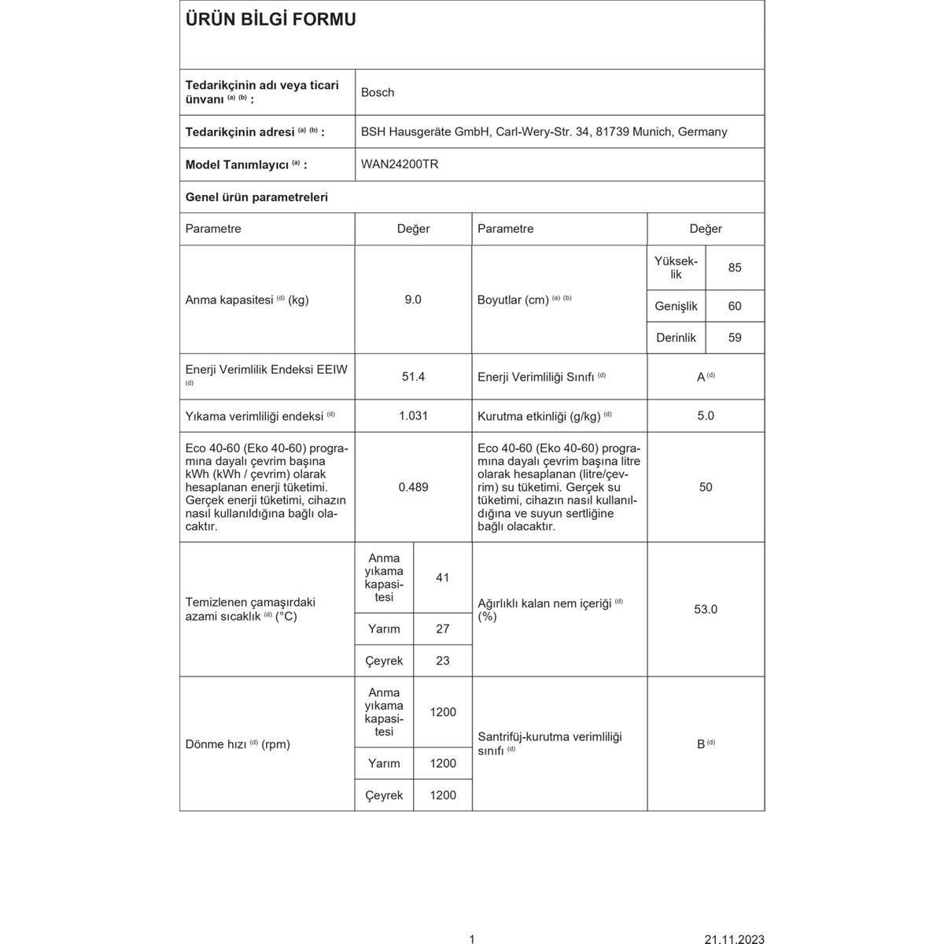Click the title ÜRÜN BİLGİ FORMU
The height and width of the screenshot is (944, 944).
coord(271,20)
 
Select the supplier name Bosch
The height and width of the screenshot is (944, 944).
coord(378,92)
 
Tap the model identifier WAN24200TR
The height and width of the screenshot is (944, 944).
coord(400,164)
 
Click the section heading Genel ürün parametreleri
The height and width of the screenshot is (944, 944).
coord(256,197)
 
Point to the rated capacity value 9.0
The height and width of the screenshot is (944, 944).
coord(413,300)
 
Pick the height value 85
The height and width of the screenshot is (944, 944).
coord(735,267)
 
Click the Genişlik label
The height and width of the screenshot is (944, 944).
coord(676,306)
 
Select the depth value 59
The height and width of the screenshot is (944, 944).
coord(735,337)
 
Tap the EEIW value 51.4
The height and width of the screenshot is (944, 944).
coord(413,377)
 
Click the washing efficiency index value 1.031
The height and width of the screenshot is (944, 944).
coord(413,415)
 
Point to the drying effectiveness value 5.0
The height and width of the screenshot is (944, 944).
coord(706,415)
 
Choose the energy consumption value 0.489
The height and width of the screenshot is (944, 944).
coord(413,487)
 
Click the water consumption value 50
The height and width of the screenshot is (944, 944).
coord(706,487)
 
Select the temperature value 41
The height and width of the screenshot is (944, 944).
coord(442,577)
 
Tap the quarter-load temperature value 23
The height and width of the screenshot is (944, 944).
coord(442,661)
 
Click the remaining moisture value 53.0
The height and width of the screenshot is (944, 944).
coord(706,609)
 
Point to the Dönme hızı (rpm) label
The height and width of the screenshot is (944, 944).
coord(238,744)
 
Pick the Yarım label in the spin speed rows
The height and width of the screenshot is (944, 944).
coord(384,763)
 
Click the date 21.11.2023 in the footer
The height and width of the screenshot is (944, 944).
coord(733,938)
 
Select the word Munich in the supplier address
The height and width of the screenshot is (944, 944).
coord(651,132)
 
